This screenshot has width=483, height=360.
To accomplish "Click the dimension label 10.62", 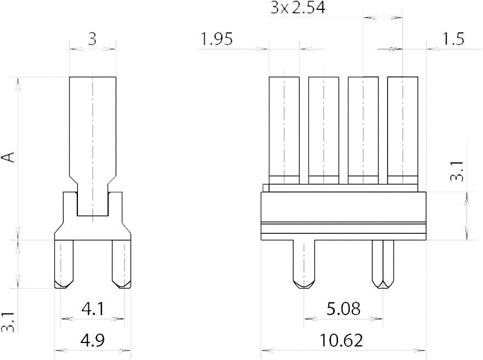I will coord(342,341).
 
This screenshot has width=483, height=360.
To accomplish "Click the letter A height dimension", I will coord(8,157).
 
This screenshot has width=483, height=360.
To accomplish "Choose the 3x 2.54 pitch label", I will coord(297,8).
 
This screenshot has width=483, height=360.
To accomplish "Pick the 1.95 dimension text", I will coord(217,40).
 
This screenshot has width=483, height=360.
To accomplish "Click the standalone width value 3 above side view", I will coord(92,40).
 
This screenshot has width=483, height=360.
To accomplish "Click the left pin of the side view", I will coord(65,263).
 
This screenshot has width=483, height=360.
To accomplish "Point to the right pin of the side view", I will coord(121,263).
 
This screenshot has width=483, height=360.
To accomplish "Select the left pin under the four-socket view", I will coord(304,263).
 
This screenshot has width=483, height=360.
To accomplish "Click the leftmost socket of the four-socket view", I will coord(284,129).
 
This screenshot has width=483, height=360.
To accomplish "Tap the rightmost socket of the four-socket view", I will coord(402,129).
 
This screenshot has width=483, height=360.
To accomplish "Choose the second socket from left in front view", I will coord(323,129).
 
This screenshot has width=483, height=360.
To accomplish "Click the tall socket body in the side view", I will coord(92,132).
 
